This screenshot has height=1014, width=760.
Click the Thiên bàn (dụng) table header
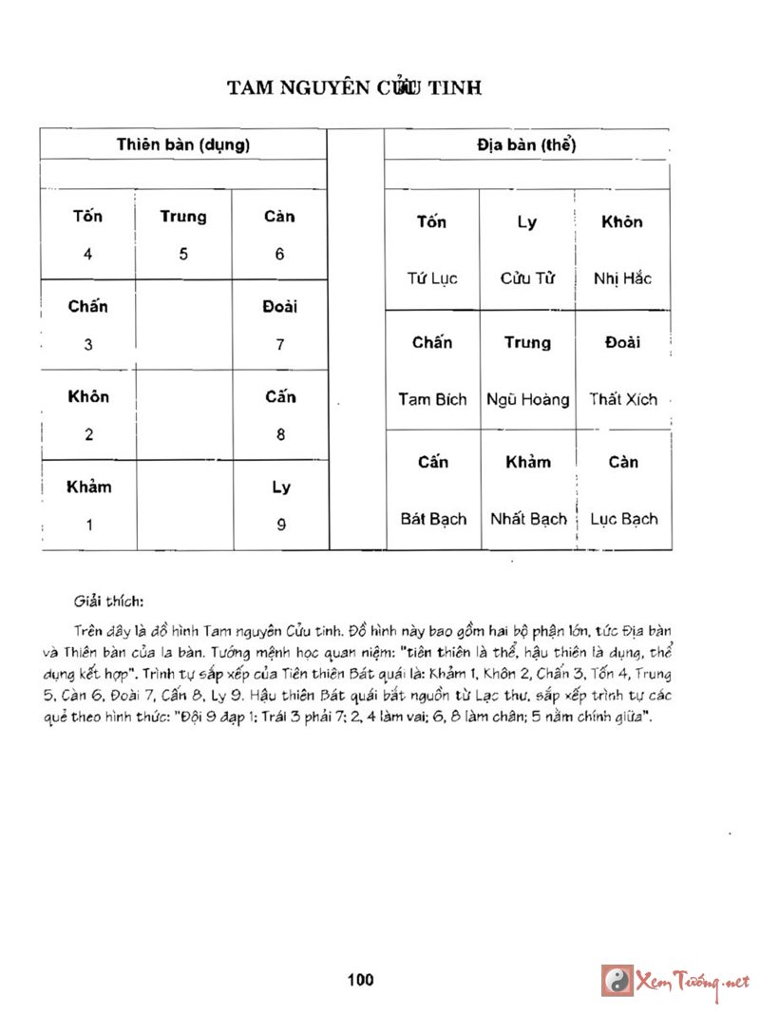tap(183, 145)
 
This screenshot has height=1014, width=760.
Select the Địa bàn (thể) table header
tap(526, 145)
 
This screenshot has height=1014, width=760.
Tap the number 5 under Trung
tap(183, 255)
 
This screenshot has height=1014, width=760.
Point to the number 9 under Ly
tap(281, 525)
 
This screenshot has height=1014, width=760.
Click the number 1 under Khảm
tap(89, 525)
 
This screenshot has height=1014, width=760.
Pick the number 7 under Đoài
tap(280, 345)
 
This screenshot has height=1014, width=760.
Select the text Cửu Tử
tap(527, 278)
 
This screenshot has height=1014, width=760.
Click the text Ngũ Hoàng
tap(527, 399)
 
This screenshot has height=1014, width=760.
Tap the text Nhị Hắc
tap(622, 278)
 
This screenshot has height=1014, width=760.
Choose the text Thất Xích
tap(623, 399)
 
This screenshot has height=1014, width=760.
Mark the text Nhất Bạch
tap(528, 519)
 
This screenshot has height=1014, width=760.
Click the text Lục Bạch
tap(623, 519)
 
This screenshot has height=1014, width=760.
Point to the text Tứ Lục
tap(432, 278)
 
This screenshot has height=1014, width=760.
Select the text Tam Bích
tap(432, 399)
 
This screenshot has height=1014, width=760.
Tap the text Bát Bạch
tap(433, 519)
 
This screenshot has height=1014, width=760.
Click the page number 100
tap(361, 980)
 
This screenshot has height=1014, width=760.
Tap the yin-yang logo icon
tap(617, 980)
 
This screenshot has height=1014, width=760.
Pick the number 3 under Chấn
tap(88, 345)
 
